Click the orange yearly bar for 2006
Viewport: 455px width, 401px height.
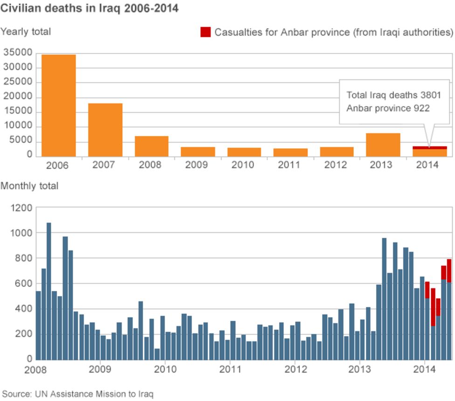pos(59,106)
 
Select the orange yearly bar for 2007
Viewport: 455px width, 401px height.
pos(105,130)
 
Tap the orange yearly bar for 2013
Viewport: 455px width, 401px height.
pos(383,145)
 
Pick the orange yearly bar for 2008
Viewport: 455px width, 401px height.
pos(152,146)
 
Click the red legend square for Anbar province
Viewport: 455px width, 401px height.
pos(206,32)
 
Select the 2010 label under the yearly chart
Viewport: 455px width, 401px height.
pos(243,165)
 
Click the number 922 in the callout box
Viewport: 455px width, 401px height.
pos(421,108)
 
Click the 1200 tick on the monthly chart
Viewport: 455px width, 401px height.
pos(21,208)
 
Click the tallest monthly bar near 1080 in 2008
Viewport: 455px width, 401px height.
pos(49,291)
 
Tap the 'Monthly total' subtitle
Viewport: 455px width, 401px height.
pos(29,186)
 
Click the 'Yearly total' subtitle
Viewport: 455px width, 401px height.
pos(26,32)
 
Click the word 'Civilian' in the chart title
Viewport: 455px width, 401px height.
pos(19,8)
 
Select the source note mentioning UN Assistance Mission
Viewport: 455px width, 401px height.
pos(77,394)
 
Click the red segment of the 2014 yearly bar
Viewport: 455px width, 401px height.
pos(430,148)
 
